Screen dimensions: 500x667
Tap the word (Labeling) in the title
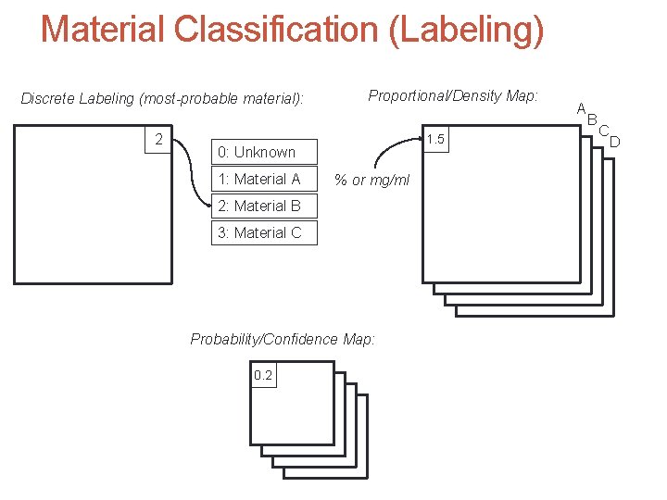click(x=467, y=30)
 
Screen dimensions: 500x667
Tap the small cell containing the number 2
click(x=159, y=140)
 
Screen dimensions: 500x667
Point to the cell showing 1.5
click(x=435, y=140)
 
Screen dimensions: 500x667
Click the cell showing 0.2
click(x=263, y=375)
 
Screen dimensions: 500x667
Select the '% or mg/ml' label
click(x=371, y=180)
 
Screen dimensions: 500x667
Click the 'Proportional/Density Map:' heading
click(x=453, y=95)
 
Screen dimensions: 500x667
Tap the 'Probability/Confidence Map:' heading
click(x=283, y=339)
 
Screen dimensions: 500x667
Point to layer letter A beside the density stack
click(x=581, y=108)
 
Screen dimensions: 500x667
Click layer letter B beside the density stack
click(x=592, y=119)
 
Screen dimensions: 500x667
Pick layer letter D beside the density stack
click(x=613, y=141)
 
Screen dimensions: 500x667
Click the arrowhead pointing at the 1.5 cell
click(x=418, y=139)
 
